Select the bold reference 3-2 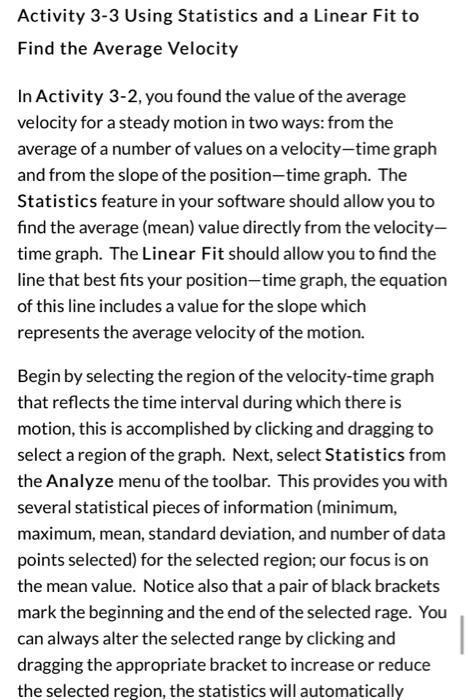click(126, 97)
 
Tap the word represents click(58, 332)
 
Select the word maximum click(58, 533)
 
